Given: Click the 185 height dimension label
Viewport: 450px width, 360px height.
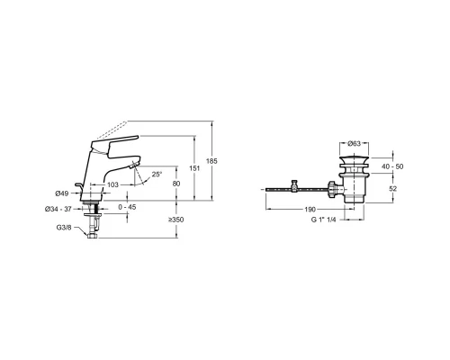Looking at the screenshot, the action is (211, 161).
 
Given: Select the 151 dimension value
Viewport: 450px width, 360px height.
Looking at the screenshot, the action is (194, 168).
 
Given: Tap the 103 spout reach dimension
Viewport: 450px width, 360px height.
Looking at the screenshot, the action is (112, 184).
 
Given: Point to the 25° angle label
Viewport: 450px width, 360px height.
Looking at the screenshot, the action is (157, 175).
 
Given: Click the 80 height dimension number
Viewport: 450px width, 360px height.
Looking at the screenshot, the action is (176, 184).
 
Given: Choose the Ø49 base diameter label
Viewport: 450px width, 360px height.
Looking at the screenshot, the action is (62, 193).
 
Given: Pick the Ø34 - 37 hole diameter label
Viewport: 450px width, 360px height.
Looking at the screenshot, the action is (58, 209).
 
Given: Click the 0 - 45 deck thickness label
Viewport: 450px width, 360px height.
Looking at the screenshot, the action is (127, 207).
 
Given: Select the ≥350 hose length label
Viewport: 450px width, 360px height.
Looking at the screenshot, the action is (176, 220).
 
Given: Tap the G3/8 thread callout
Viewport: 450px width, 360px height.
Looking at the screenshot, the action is (64, 228).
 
